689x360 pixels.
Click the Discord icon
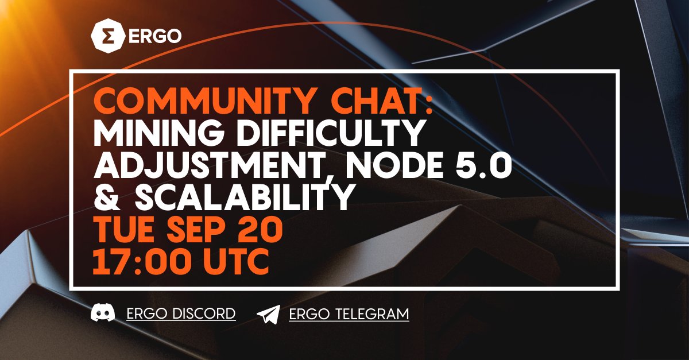coord(102,314)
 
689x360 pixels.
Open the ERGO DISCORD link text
coord(181,314)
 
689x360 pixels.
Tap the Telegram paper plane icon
coord(268,314)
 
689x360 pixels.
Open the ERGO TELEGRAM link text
coord(349,314)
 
